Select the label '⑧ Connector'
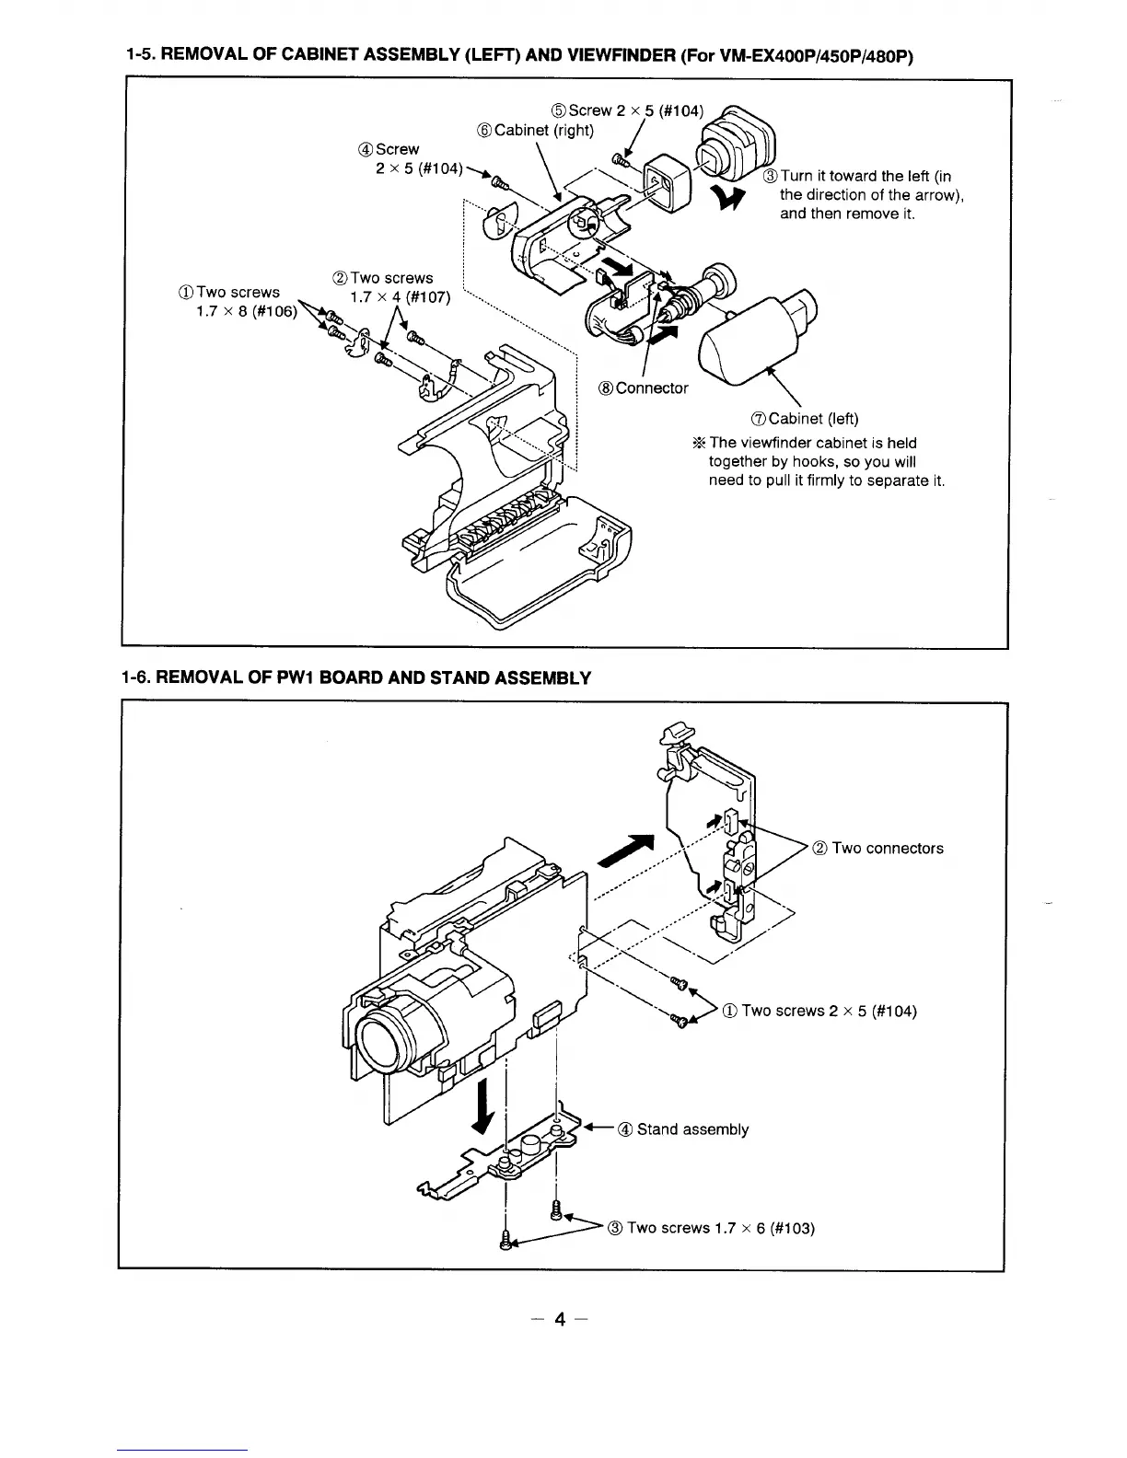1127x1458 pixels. point(644,388)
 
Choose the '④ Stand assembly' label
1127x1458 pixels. point(683,1129)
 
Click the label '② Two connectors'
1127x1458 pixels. point(878,849)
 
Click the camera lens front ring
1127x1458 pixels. point(386,1039)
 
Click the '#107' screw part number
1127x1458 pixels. point(425,296)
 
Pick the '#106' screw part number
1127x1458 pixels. point(275,310)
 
